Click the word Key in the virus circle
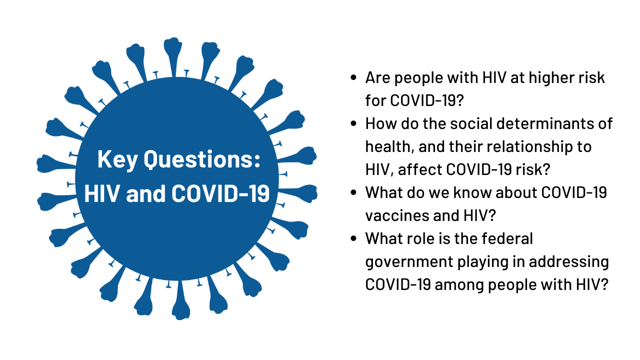click(117, 159)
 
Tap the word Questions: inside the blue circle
click(202, 159)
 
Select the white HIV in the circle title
click(102, 193)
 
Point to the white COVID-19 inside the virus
click(220, 193)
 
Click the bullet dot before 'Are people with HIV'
click(353, 77)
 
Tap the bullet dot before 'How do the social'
click(353, 123)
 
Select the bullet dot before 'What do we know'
click(353, 192)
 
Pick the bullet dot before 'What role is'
click(353, 238)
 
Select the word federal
click(507, 238)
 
